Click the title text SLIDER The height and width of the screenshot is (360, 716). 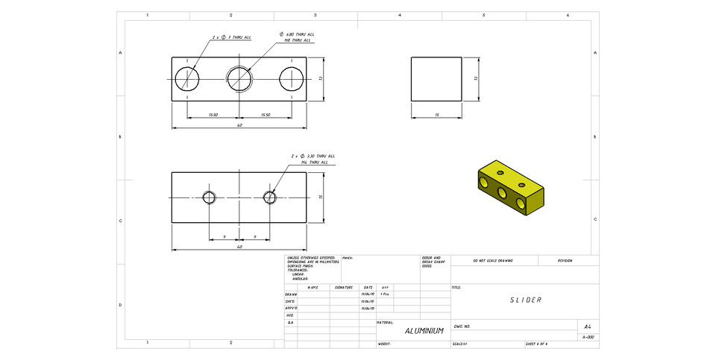pos(525,300)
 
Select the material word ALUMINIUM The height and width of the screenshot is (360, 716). pos(424,330)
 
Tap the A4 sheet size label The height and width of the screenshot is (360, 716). pos(588,326)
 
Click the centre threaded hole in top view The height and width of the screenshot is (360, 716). pos(239,78)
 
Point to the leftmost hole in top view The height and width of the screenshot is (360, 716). pos(186,78)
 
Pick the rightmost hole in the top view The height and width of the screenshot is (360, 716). pos(291,78)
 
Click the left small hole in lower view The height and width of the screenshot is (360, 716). pos(209,197)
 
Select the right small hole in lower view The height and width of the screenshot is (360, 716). pos(270,197)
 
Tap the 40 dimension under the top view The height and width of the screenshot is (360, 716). pos(239,125)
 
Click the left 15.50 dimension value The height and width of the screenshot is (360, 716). pos(213,115)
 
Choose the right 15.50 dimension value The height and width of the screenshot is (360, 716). pos(265,115)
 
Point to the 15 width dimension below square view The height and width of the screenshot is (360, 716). pos(436,115)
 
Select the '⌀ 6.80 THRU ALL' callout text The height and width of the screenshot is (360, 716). pos(297,34)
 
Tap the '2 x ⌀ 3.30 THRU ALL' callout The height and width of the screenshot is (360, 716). pos(313,156)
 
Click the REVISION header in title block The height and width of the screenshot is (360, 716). pos(565,261)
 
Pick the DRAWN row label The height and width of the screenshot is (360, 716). pos(291,294)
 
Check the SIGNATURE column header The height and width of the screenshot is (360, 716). pos(344,287)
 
